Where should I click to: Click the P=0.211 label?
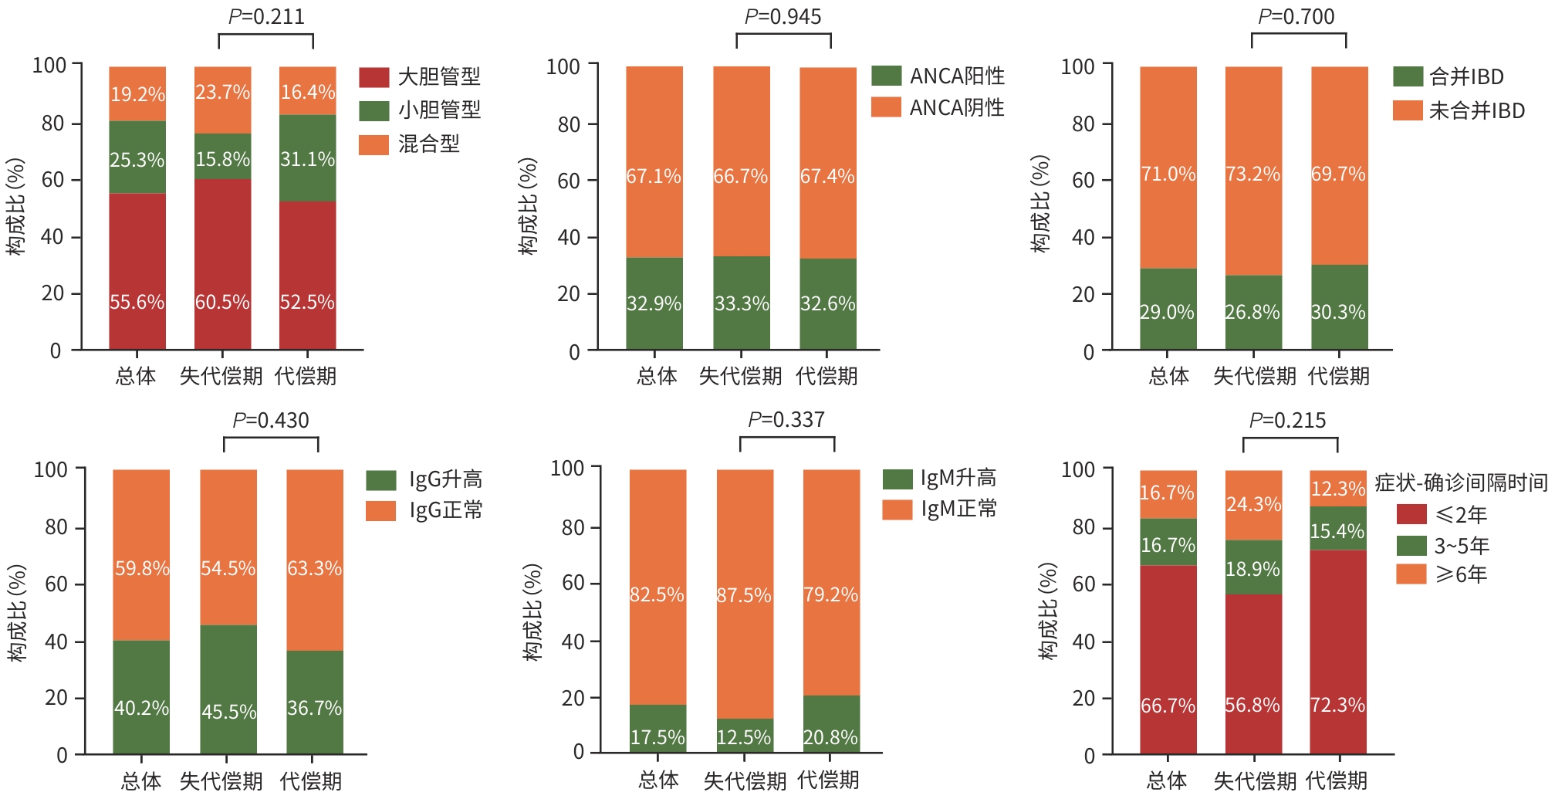point(266,17)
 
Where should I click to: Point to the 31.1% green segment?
point(307,158)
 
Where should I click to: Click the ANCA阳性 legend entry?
point(938,76)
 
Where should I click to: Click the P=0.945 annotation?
point(783,17)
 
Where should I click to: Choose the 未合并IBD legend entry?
point(1459,110)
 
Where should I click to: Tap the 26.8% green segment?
point(1253,312)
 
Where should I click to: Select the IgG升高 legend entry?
point(424,479)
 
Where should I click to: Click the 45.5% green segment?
point(228,689)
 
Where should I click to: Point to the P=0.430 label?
point(271,421)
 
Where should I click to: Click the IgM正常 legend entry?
point(940,510)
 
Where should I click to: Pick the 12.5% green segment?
point(745,736)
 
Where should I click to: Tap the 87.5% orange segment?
point(745,594)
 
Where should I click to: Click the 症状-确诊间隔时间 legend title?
point(1461,482)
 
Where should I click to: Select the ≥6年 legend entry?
point(1442,574)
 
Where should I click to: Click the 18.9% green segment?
point(1253,567)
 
